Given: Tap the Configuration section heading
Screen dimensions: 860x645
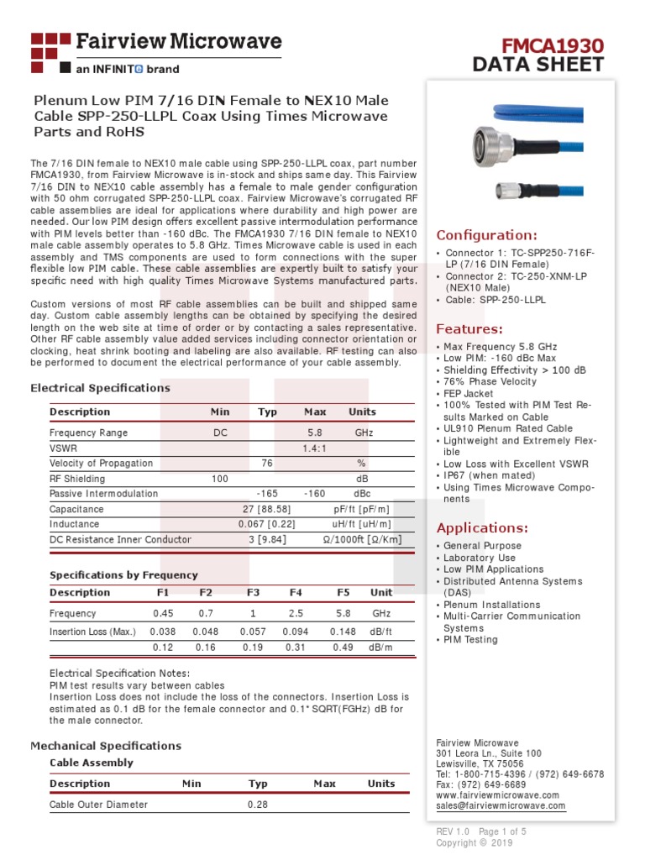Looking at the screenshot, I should coord(486,235).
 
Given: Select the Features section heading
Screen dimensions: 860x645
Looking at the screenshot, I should coord(469,328).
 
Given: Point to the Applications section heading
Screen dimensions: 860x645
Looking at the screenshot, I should coord(482,527).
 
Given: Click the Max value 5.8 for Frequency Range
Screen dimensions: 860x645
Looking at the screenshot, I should coord(315,433).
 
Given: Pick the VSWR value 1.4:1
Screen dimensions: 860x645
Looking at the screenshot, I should coord(315,448).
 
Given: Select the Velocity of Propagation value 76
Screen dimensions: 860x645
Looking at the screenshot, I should coord(267,464).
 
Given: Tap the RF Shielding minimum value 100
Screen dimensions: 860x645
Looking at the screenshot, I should coord(220,479).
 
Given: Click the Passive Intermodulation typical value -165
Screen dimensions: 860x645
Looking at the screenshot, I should coord(267,494).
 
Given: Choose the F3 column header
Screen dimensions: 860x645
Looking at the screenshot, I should coord(253,592).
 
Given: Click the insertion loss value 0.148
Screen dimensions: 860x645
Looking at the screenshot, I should coord(343,632).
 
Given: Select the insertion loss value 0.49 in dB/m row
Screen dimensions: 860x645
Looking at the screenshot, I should coord(343,648).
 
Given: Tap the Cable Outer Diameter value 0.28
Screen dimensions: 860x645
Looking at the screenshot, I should coord(257,805).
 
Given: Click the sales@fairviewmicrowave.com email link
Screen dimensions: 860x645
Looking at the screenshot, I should coord(501,805).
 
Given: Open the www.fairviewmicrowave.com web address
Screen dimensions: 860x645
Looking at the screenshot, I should coord(497,794).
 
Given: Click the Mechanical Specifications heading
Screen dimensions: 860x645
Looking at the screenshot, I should coord(106,746).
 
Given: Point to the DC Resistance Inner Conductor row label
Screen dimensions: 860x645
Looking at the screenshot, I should coord(120,539).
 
